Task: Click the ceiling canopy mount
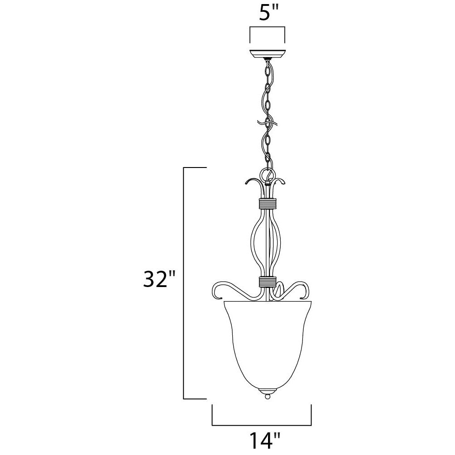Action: pos(268,54)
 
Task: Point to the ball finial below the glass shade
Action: pos(267,396)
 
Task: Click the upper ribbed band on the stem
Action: pos(268,204)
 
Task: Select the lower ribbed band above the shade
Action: pos(267,282)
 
